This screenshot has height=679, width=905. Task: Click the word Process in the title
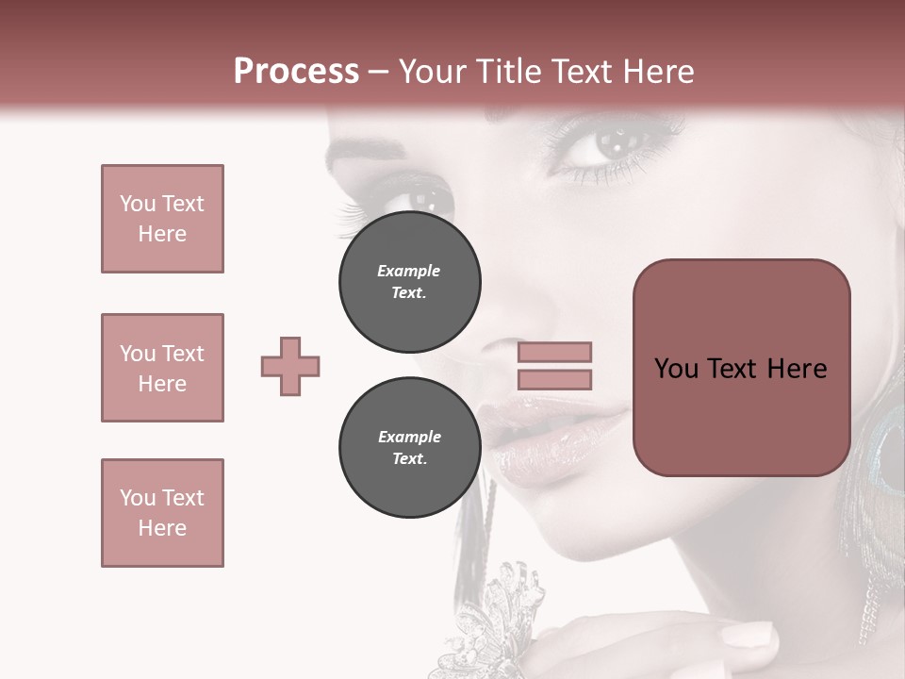click(296, 72)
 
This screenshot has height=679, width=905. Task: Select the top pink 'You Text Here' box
click(162, 219)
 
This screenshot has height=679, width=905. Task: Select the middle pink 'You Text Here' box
click(162, 368)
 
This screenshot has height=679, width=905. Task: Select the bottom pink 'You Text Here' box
click(162, 513)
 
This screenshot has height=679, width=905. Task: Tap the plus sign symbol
click(290, 366)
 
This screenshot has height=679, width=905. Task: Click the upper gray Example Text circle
click(409, 281)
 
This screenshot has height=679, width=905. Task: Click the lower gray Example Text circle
click(409, 447)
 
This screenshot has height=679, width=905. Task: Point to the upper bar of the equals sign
click(554, 353)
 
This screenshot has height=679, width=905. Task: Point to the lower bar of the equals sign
click(554, 379)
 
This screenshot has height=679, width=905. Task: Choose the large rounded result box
click(741, 368)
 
